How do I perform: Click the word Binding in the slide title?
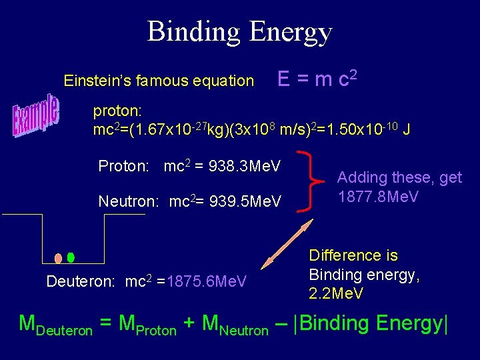tap(193, 32)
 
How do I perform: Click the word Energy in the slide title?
tap(288, 32)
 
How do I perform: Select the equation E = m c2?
tap(319, 79)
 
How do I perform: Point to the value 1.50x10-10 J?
tap(370, 129)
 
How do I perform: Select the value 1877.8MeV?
tap(378, 197)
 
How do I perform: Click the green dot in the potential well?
tap(71, 257)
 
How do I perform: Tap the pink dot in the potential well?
tap(59, 258)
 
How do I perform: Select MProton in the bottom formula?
tap(147, 325)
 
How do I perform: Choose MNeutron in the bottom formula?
tap(235, 325)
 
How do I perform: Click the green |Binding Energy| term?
tap(371, 323)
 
